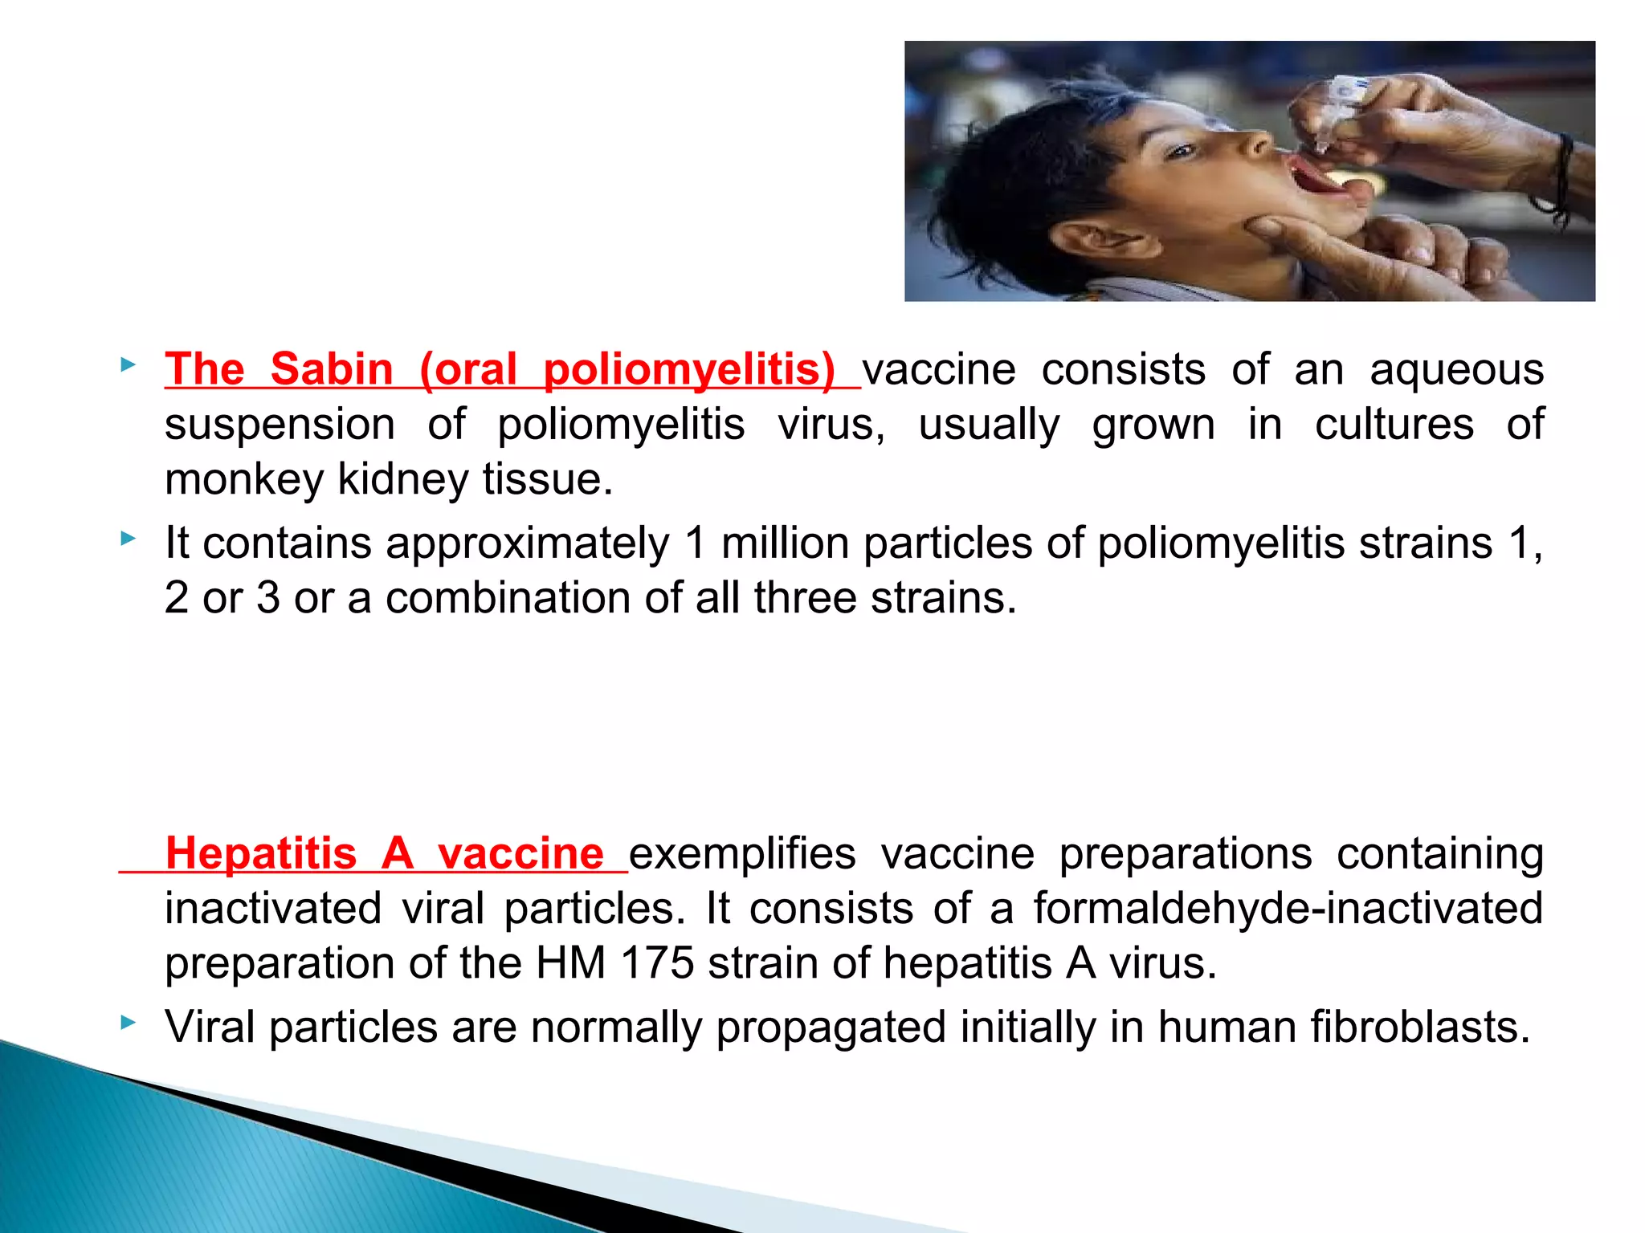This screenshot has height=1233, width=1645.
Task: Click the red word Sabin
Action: pos(331,370)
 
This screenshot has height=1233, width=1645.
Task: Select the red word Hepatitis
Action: pos(261,853)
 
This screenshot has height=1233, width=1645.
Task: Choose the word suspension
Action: pos(280,425)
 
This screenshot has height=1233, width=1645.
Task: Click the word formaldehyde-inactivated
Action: pos(1288,909)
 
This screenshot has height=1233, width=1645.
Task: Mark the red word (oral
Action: pos(467,370)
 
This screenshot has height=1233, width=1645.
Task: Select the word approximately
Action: pos(435,543)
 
